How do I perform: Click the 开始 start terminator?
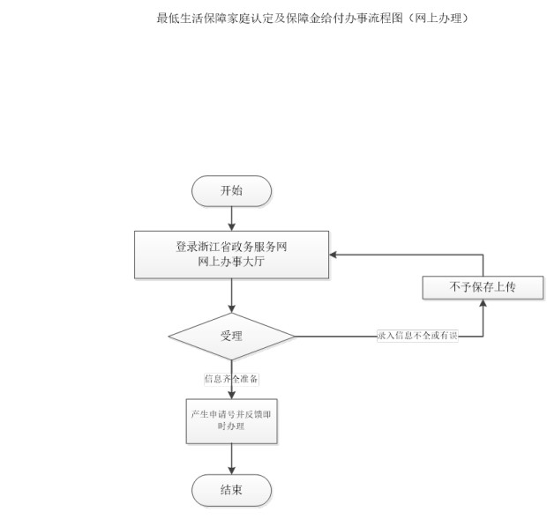[231, 191]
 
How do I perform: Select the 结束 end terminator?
[231, 490]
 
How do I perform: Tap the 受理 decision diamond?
[231, 337]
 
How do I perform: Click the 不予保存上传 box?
[483, 287]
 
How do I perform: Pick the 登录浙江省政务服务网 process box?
[231, 255]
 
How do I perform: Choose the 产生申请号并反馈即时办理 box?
[231, 421]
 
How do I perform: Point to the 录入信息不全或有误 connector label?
[417, 336]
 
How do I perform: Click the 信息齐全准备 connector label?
[231, 379]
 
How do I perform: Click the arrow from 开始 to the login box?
[231, 219]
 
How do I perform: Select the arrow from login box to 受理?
[231, 296]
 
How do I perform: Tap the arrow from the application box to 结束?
[231, 459]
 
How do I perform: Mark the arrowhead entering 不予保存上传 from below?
[483, 303]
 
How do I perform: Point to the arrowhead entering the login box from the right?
[333, 255]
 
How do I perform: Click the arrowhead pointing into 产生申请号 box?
[231, 395]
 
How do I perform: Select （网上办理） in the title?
[437, 19]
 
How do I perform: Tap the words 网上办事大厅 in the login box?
[231, 262]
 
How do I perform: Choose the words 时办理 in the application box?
[231, 426]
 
